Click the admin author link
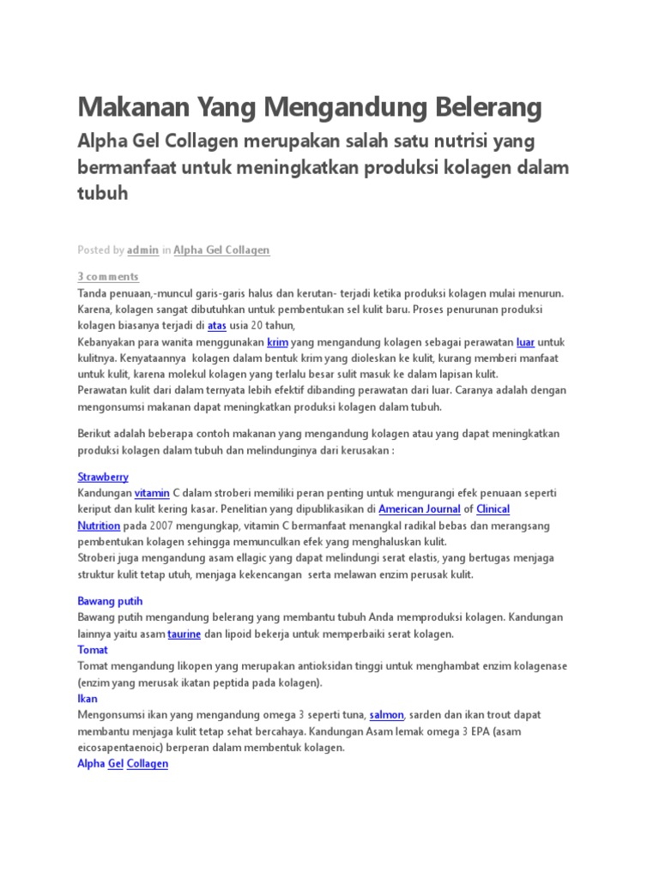pos(142,250)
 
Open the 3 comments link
pos(108,277)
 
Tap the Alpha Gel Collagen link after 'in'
pos(221,250)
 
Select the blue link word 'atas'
pos(216,326)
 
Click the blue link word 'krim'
pos(277,342)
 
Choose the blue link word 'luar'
pos(526,342)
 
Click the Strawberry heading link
pos(103,477)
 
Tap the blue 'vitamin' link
pos(152,493)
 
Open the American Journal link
pos(419,509)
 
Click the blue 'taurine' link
pos(184,634)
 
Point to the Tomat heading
pos(93,651)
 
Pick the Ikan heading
pos(88,700)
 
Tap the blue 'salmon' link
pos(386,715)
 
